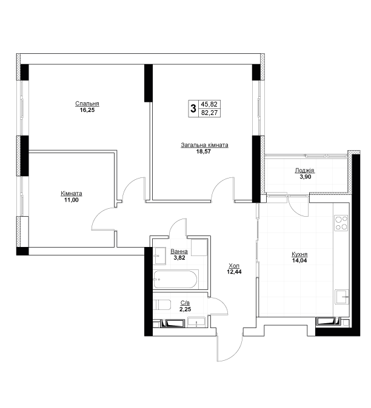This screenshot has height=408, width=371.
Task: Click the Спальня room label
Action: [87, 104]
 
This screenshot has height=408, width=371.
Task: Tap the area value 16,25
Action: [87, 110]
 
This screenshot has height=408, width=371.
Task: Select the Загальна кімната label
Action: [204, 145]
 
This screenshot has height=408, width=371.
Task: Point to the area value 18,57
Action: [204, 151]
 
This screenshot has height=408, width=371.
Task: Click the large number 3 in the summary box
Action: [193, 108]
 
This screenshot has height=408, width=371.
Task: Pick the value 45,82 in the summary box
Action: [209, 104]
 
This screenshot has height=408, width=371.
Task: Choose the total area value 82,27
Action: [209, 113]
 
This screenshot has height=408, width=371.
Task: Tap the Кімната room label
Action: [72, 194]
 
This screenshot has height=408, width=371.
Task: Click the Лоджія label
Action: [304, 171]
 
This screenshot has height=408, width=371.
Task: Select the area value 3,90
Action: [306, 177]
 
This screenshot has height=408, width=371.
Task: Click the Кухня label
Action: [299, 254]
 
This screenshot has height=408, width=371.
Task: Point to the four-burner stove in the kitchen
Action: [341, 223]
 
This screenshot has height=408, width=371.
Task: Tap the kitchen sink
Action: [342, 297]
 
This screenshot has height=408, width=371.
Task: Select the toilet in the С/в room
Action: [161, 304]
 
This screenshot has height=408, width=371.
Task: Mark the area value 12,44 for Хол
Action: [234, 272]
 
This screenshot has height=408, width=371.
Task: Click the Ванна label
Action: [179, 251]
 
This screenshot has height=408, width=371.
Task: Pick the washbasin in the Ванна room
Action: [159, 256]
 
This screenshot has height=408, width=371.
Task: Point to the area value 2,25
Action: [185, 309]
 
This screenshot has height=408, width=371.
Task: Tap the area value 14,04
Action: [299, 260]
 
